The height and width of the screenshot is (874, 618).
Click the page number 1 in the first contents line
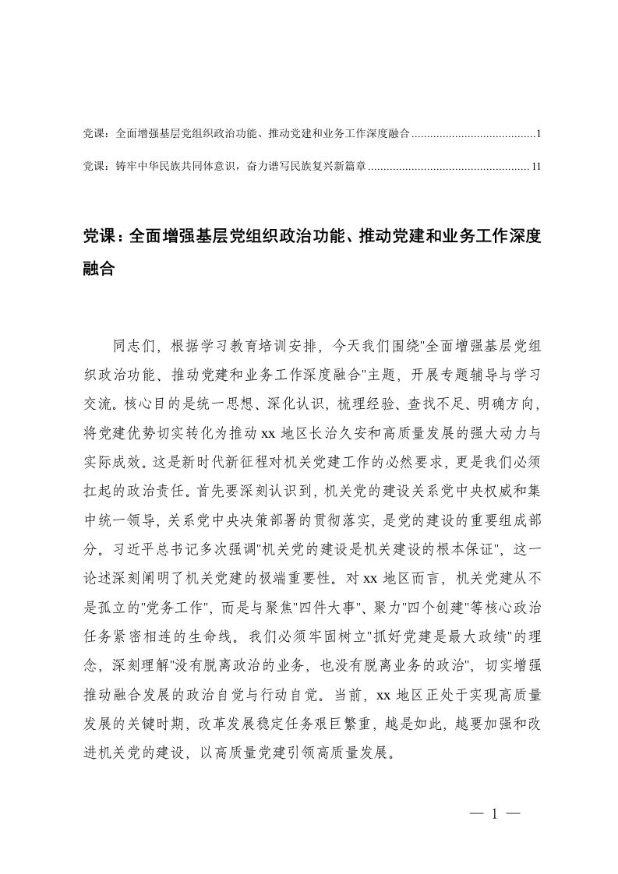539,134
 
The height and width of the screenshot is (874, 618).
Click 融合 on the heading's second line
99,270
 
